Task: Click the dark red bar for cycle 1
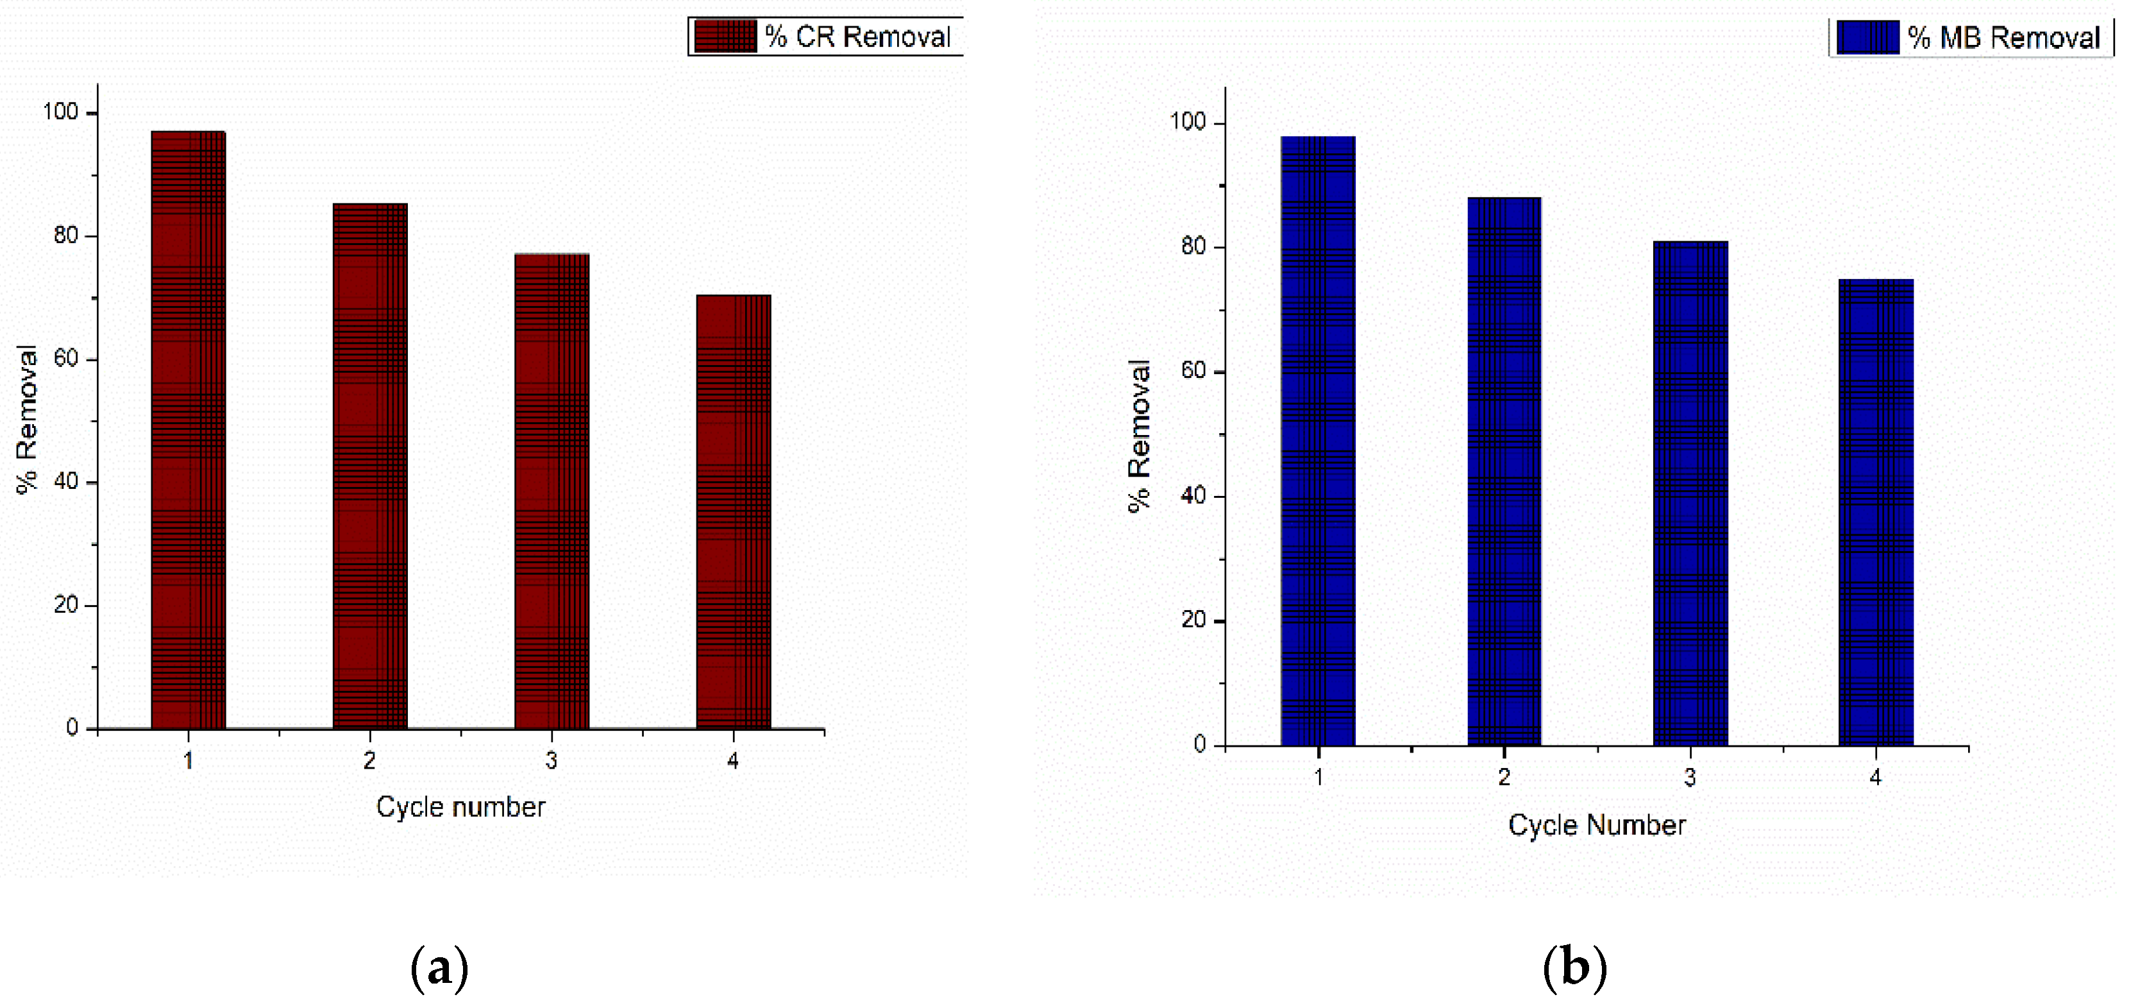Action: click(188, 431)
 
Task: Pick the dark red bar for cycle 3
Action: click(552, 491)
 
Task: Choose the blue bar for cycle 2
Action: click(1504, 472)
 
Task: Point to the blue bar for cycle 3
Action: click(1690, 494)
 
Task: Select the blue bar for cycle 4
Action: click(1875, 513)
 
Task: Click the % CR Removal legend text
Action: click(857, 37)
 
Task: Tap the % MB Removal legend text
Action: click(2003, 38)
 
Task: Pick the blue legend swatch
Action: click(1867, 37)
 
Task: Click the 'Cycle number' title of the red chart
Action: click(461, 806)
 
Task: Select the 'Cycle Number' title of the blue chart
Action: click(1597, 825)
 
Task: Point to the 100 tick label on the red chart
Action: click(60, 112)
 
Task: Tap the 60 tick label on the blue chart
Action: click(1193, 371)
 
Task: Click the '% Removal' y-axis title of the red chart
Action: click(28, 420)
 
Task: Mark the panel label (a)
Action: click(439, 967)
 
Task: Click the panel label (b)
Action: click(1574, 967)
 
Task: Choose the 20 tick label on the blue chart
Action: click(1193, 620)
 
